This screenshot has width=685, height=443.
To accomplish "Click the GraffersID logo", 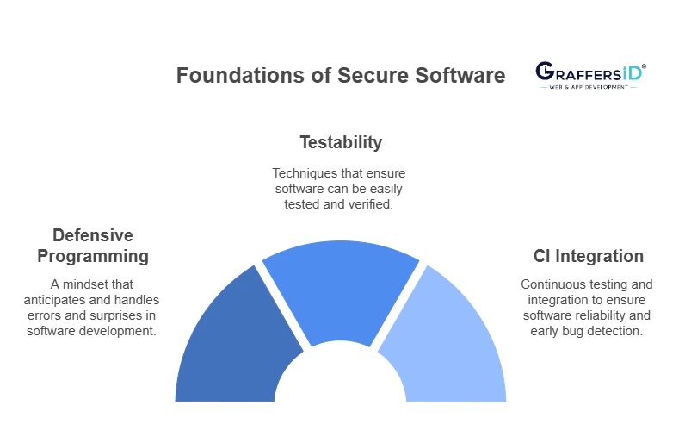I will point(589,72).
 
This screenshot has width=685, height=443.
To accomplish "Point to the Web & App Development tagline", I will point(589,88).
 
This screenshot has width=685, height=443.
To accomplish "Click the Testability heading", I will point(341,142).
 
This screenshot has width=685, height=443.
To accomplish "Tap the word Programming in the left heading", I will point(94,256).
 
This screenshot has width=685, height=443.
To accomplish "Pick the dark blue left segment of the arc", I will point(232,345).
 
